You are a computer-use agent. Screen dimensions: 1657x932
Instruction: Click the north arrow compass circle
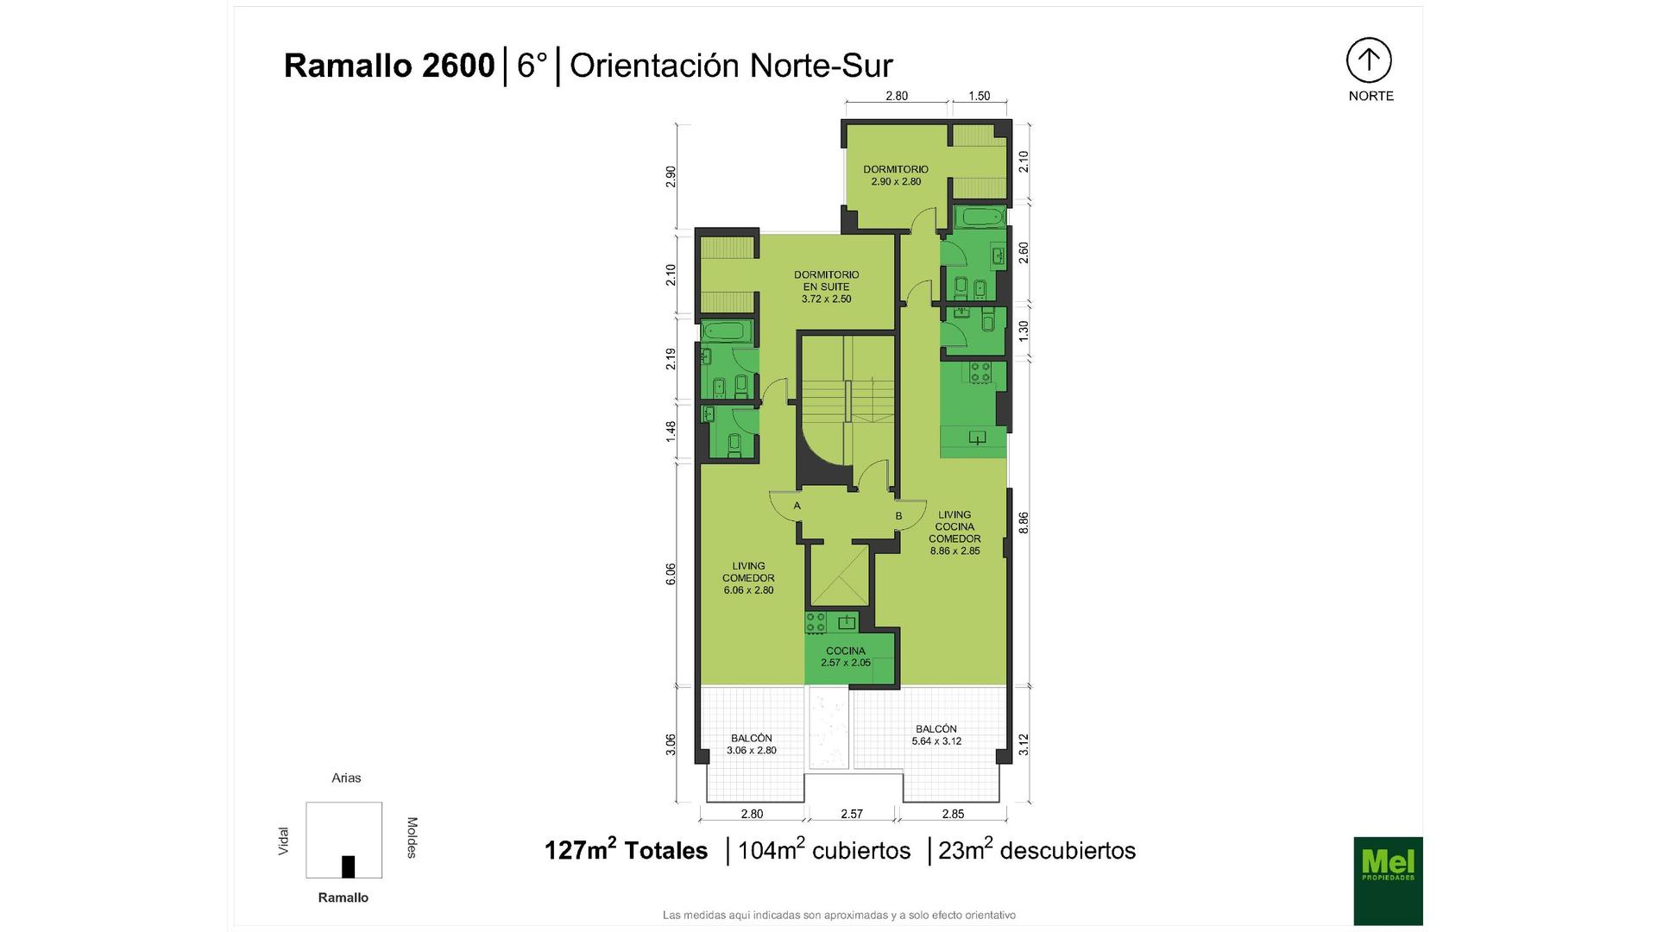[1369, 60]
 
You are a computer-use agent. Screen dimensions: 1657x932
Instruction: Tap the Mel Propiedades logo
[1388, 881]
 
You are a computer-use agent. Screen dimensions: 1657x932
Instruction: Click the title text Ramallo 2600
[389, 66]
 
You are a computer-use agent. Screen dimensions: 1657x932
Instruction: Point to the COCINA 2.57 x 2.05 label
[846, 657]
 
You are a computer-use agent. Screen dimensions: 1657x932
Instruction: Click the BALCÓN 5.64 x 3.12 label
[936, 735]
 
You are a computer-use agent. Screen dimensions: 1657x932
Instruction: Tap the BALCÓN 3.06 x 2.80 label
[752, 745]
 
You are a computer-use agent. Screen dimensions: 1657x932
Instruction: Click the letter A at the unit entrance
[797, 506]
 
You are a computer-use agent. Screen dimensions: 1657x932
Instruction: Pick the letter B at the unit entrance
[898, 516]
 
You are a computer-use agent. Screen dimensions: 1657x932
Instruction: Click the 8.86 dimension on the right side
[1024, 523]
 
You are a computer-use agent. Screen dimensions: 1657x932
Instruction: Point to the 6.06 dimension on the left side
[671, 575]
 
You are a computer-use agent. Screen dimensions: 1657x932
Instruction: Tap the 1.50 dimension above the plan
[980, 97]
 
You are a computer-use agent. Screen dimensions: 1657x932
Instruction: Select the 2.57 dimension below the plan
[852, 814]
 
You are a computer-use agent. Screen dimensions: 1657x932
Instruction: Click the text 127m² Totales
[626, 850]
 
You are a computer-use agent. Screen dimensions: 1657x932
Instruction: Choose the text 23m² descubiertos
[1037, 850]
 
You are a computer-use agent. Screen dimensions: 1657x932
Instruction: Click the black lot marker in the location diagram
[349, 866]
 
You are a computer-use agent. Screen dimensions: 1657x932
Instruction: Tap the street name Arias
[346, 778]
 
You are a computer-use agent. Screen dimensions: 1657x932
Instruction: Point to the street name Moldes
[412, 838]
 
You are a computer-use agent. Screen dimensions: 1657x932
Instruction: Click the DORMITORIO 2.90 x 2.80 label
[896, 175]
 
